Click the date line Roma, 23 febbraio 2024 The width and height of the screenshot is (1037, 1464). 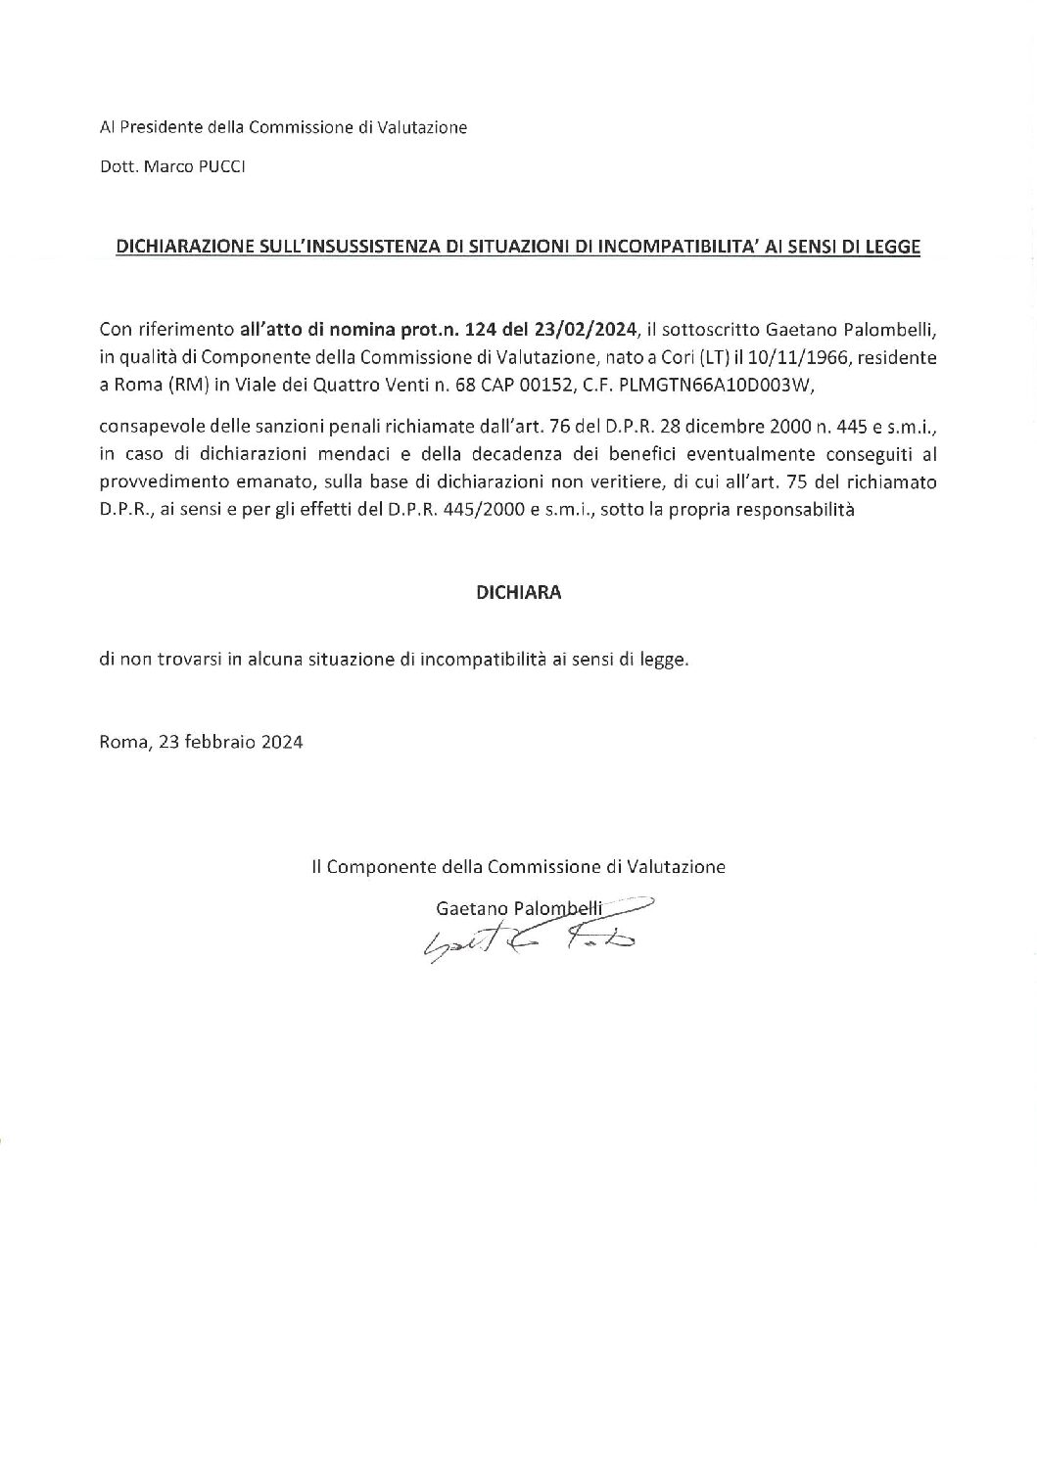(201, 742)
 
